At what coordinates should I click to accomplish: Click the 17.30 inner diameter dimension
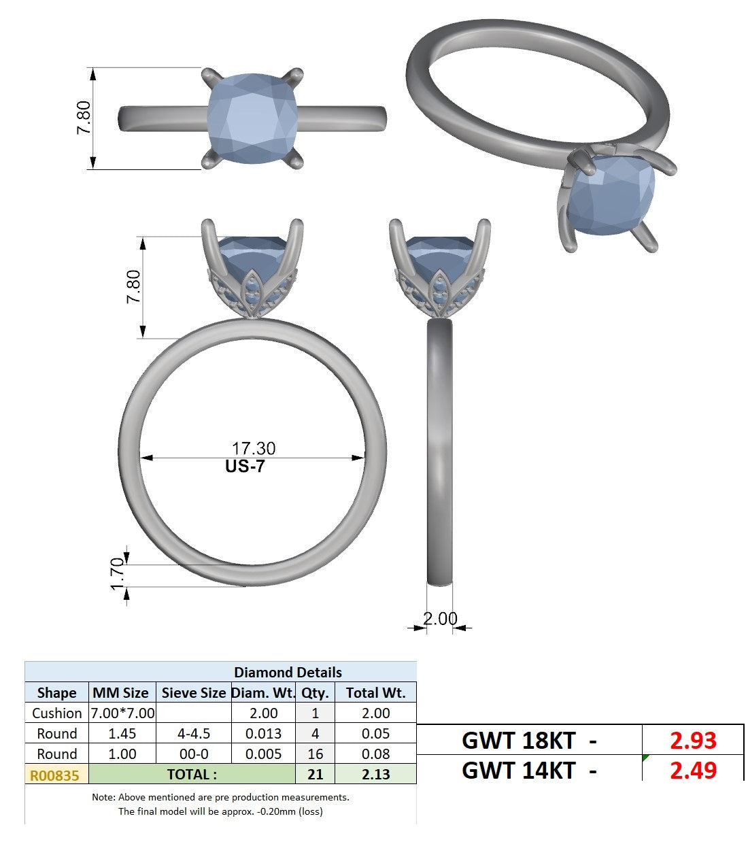point(253,448)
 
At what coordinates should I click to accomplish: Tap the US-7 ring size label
point(245,467)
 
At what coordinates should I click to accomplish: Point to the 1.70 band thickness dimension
point(118,574)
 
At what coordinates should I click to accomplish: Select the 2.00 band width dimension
point(440,619)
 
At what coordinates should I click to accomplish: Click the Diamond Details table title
point(288,673)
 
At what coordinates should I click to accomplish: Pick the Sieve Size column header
point(194,692)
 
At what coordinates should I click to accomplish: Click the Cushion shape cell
point(57,713)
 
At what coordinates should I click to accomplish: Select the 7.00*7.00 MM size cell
point(122,713)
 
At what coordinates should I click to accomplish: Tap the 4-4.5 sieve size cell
point(194,734)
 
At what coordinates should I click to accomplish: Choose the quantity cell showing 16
point(315,754)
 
